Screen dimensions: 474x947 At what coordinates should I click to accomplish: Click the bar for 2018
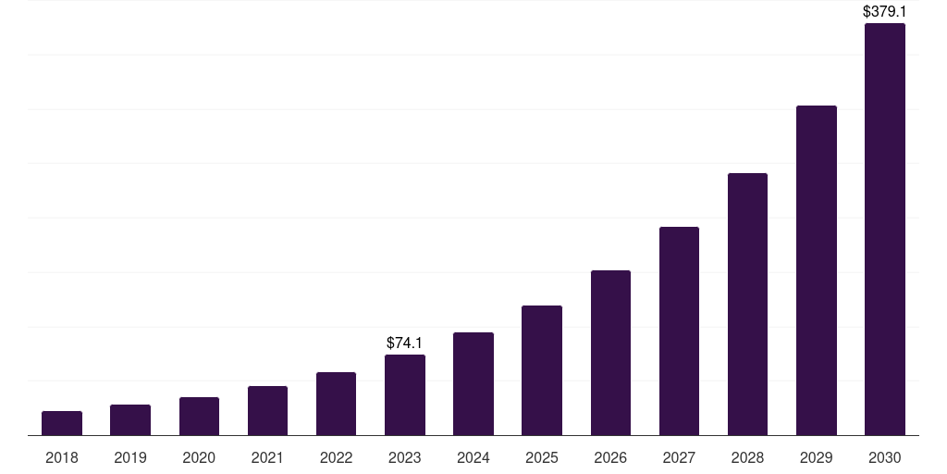tap(62, 423)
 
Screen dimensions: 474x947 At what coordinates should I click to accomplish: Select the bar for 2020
tap(199, 417)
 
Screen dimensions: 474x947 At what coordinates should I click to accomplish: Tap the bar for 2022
tap(336, 404)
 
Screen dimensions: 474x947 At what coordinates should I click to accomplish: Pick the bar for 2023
tap(405, 395)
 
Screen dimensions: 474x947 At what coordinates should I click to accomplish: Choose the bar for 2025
tap(542, 370)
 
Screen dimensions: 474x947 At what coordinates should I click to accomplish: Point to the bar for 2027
tap(679, 331)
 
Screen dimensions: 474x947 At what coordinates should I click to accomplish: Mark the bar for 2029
tap(817, 270)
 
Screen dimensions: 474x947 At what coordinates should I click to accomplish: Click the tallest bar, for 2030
tap(885, 230)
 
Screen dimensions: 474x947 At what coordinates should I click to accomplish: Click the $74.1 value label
tap(405, 343)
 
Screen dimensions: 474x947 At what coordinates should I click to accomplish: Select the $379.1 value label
tap(885, 12)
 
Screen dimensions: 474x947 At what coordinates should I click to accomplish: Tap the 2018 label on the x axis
tap(62, 457)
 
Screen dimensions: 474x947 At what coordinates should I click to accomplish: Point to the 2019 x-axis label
tap(130, 457)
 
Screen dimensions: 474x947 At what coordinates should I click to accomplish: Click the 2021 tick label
tap(267, 457)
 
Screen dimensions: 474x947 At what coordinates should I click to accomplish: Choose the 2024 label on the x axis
tap(473, 457)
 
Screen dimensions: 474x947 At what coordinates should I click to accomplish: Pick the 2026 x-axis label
tap(610, 457)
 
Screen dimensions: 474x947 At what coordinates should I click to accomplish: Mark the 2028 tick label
tap(747, 457)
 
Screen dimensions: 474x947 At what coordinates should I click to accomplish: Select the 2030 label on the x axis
tap(885, 457)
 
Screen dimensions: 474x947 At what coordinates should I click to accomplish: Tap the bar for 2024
tap(473, 384)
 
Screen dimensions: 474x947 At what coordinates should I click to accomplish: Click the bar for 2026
tap(610, 353)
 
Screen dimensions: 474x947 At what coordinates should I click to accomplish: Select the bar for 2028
tap(747, 305)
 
